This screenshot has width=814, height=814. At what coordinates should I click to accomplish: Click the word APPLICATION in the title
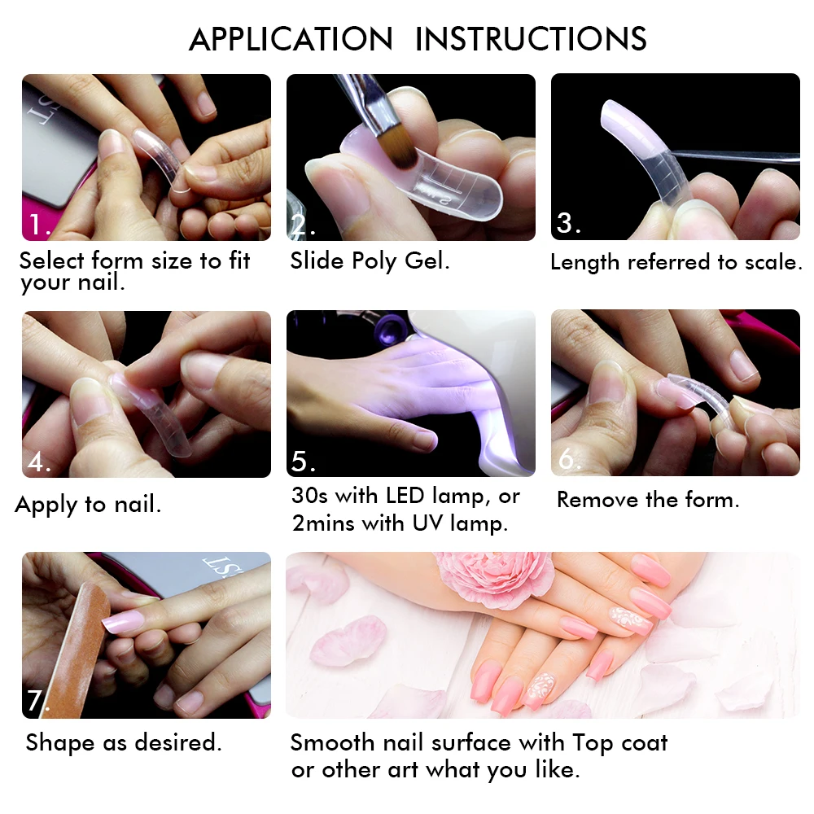pyautogui.click(x=291, y=39)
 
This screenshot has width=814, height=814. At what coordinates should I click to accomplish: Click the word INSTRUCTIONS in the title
pyautogui.click(x=531, y=39)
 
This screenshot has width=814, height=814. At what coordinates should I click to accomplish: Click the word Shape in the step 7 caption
pyautogui.click(x=60, y=743)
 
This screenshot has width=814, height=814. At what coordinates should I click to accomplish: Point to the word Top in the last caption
pyautogui.click(x=593, y=743)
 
